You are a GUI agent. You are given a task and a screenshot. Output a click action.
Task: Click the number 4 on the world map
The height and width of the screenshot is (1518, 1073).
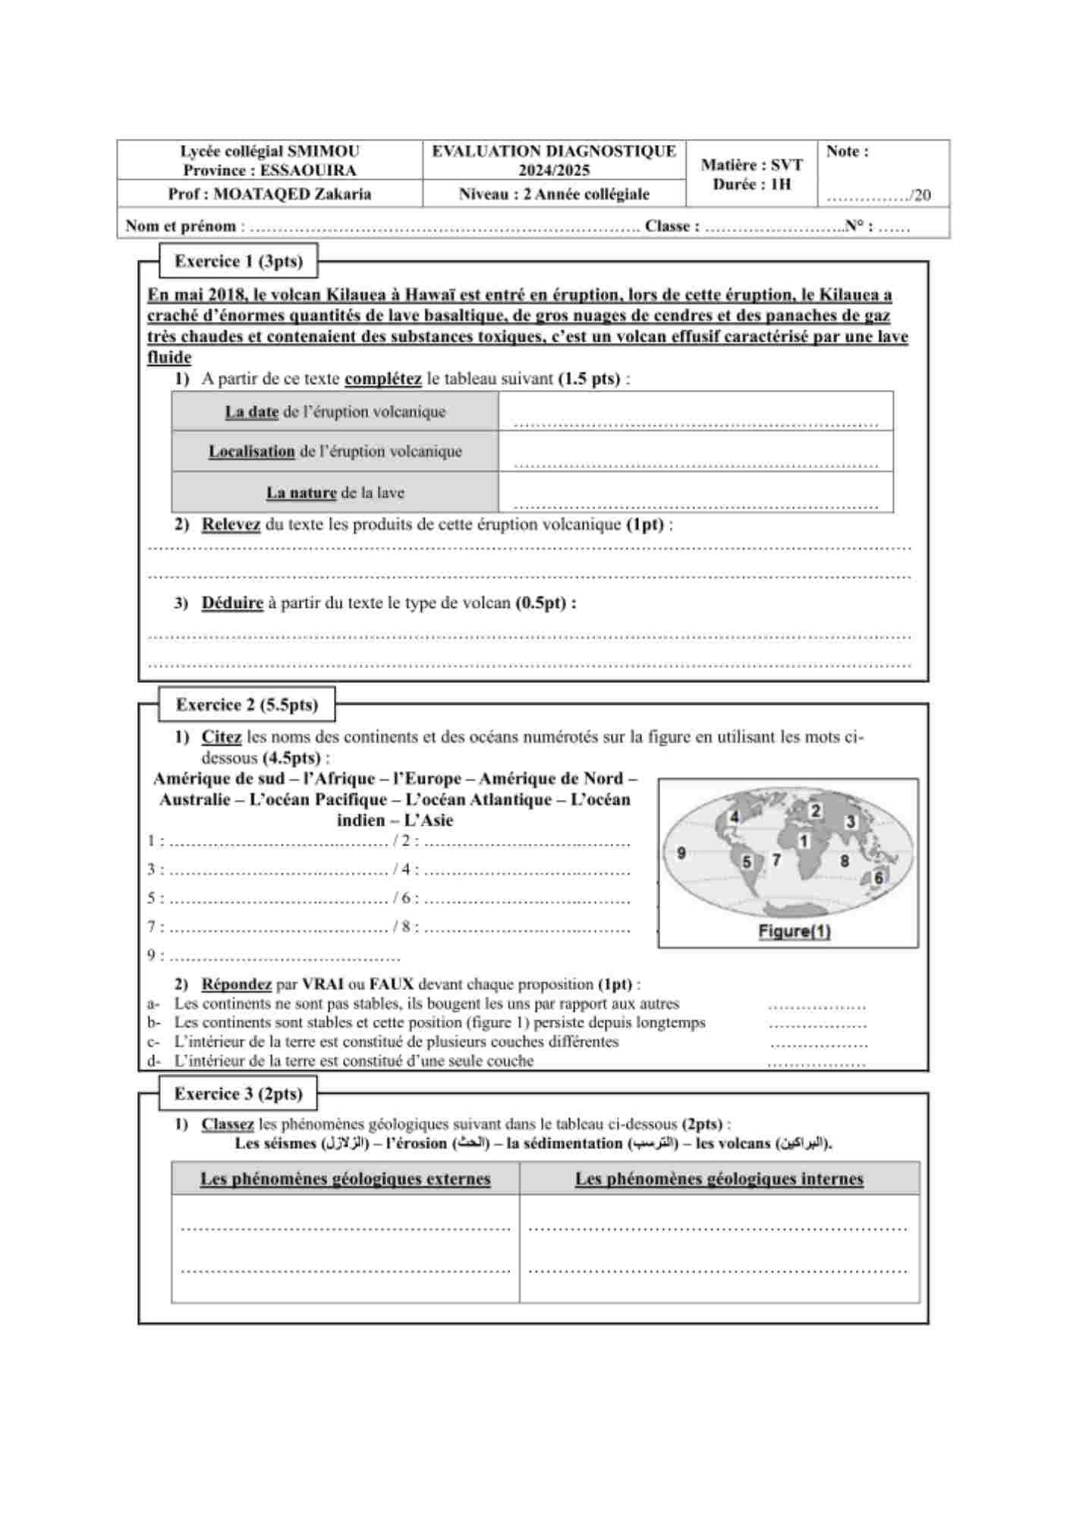[735, 817]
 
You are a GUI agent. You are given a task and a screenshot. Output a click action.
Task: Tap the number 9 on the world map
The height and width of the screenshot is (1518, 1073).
[681, 852]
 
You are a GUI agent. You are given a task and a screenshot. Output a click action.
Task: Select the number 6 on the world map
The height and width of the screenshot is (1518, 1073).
[879, 877]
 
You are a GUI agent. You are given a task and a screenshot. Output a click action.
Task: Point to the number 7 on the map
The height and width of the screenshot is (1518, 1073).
[776, 860]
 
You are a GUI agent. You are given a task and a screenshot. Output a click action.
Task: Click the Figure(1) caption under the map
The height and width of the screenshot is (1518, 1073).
[795, 931]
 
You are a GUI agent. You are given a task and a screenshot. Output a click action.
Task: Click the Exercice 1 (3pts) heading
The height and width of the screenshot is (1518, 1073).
[238, 261]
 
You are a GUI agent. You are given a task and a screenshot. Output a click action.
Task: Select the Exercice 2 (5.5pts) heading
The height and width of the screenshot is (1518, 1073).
[247, 704]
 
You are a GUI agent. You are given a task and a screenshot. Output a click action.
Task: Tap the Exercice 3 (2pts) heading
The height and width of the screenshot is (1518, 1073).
[238, 1094]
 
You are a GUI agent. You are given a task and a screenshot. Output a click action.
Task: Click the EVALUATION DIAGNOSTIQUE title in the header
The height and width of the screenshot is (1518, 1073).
[554, 151]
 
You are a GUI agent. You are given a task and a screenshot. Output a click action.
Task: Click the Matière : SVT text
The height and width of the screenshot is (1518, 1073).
[751, 165]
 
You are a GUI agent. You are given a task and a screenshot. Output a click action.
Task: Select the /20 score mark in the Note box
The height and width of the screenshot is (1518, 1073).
[920, 195]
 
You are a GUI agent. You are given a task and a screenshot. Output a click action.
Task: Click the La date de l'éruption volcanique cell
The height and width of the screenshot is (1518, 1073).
[335, 412]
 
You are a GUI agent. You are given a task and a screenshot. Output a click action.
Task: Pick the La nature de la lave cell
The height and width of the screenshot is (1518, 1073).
[335, 493]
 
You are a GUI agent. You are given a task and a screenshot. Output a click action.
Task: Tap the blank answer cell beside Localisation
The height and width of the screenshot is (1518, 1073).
[695, 452]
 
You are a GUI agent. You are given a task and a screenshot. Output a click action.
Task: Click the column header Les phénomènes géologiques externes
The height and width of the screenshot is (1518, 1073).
[345, 1179]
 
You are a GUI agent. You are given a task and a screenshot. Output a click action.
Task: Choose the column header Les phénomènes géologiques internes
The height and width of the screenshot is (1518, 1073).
[719, 1179]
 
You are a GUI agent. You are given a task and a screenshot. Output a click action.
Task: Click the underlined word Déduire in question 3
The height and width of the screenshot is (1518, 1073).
[232, 603]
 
